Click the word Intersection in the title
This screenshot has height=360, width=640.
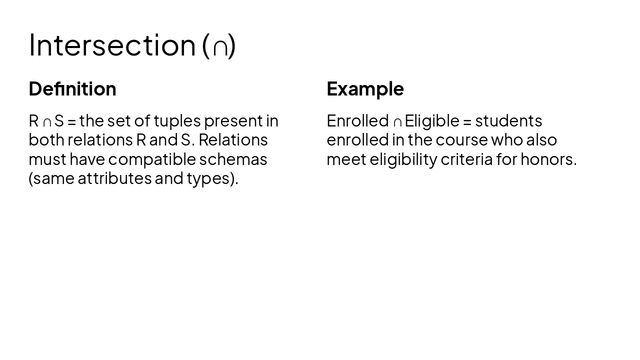tap(112, 45)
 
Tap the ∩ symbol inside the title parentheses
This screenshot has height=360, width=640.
tap(220, 47)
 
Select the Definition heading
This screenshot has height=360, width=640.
tap(72, 89)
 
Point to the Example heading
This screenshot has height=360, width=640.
tap(365, 89)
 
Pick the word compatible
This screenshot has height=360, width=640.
tap(152, 159)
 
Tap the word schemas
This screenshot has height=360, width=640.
tap(233, 159)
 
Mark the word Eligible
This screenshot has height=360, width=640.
tap(431, 121)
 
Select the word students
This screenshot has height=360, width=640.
tap(508, 121)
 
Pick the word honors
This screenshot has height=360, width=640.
tap(548, 159)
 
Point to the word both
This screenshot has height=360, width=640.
tap(46, 140)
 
